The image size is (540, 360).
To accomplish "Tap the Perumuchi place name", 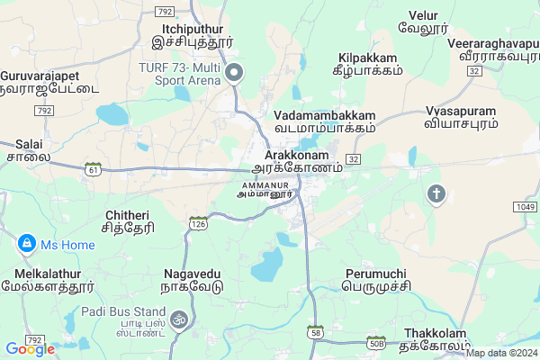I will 375,273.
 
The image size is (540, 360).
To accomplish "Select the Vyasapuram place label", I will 462,112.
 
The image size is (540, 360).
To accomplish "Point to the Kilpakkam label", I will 368,58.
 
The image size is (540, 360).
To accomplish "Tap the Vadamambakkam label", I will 324,116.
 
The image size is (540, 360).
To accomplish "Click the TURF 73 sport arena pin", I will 234,73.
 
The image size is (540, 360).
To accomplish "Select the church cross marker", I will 436,194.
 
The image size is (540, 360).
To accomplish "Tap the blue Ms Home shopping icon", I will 26,244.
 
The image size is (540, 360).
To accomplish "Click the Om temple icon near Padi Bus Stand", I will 178,319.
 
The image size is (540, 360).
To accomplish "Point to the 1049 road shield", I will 525,208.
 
